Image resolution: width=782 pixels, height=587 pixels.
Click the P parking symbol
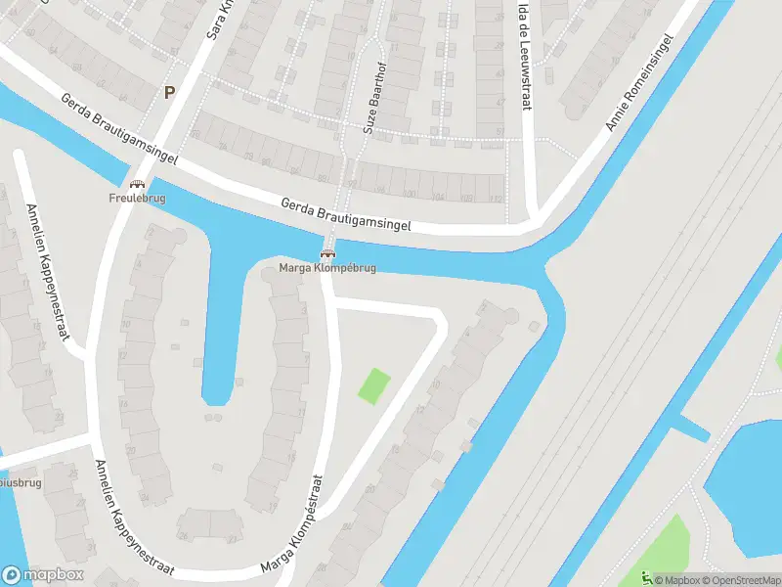169,92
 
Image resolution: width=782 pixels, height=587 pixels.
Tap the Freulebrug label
137,198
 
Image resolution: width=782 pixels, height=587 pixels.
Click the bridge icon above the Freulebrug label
137,184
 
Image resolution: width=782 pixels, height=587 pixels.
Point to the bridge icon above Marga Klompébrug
328,254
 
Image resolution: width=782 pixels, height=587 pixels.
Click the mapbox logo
43,574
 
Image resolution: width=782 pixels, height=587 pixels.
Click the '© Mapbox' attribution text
677,580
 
